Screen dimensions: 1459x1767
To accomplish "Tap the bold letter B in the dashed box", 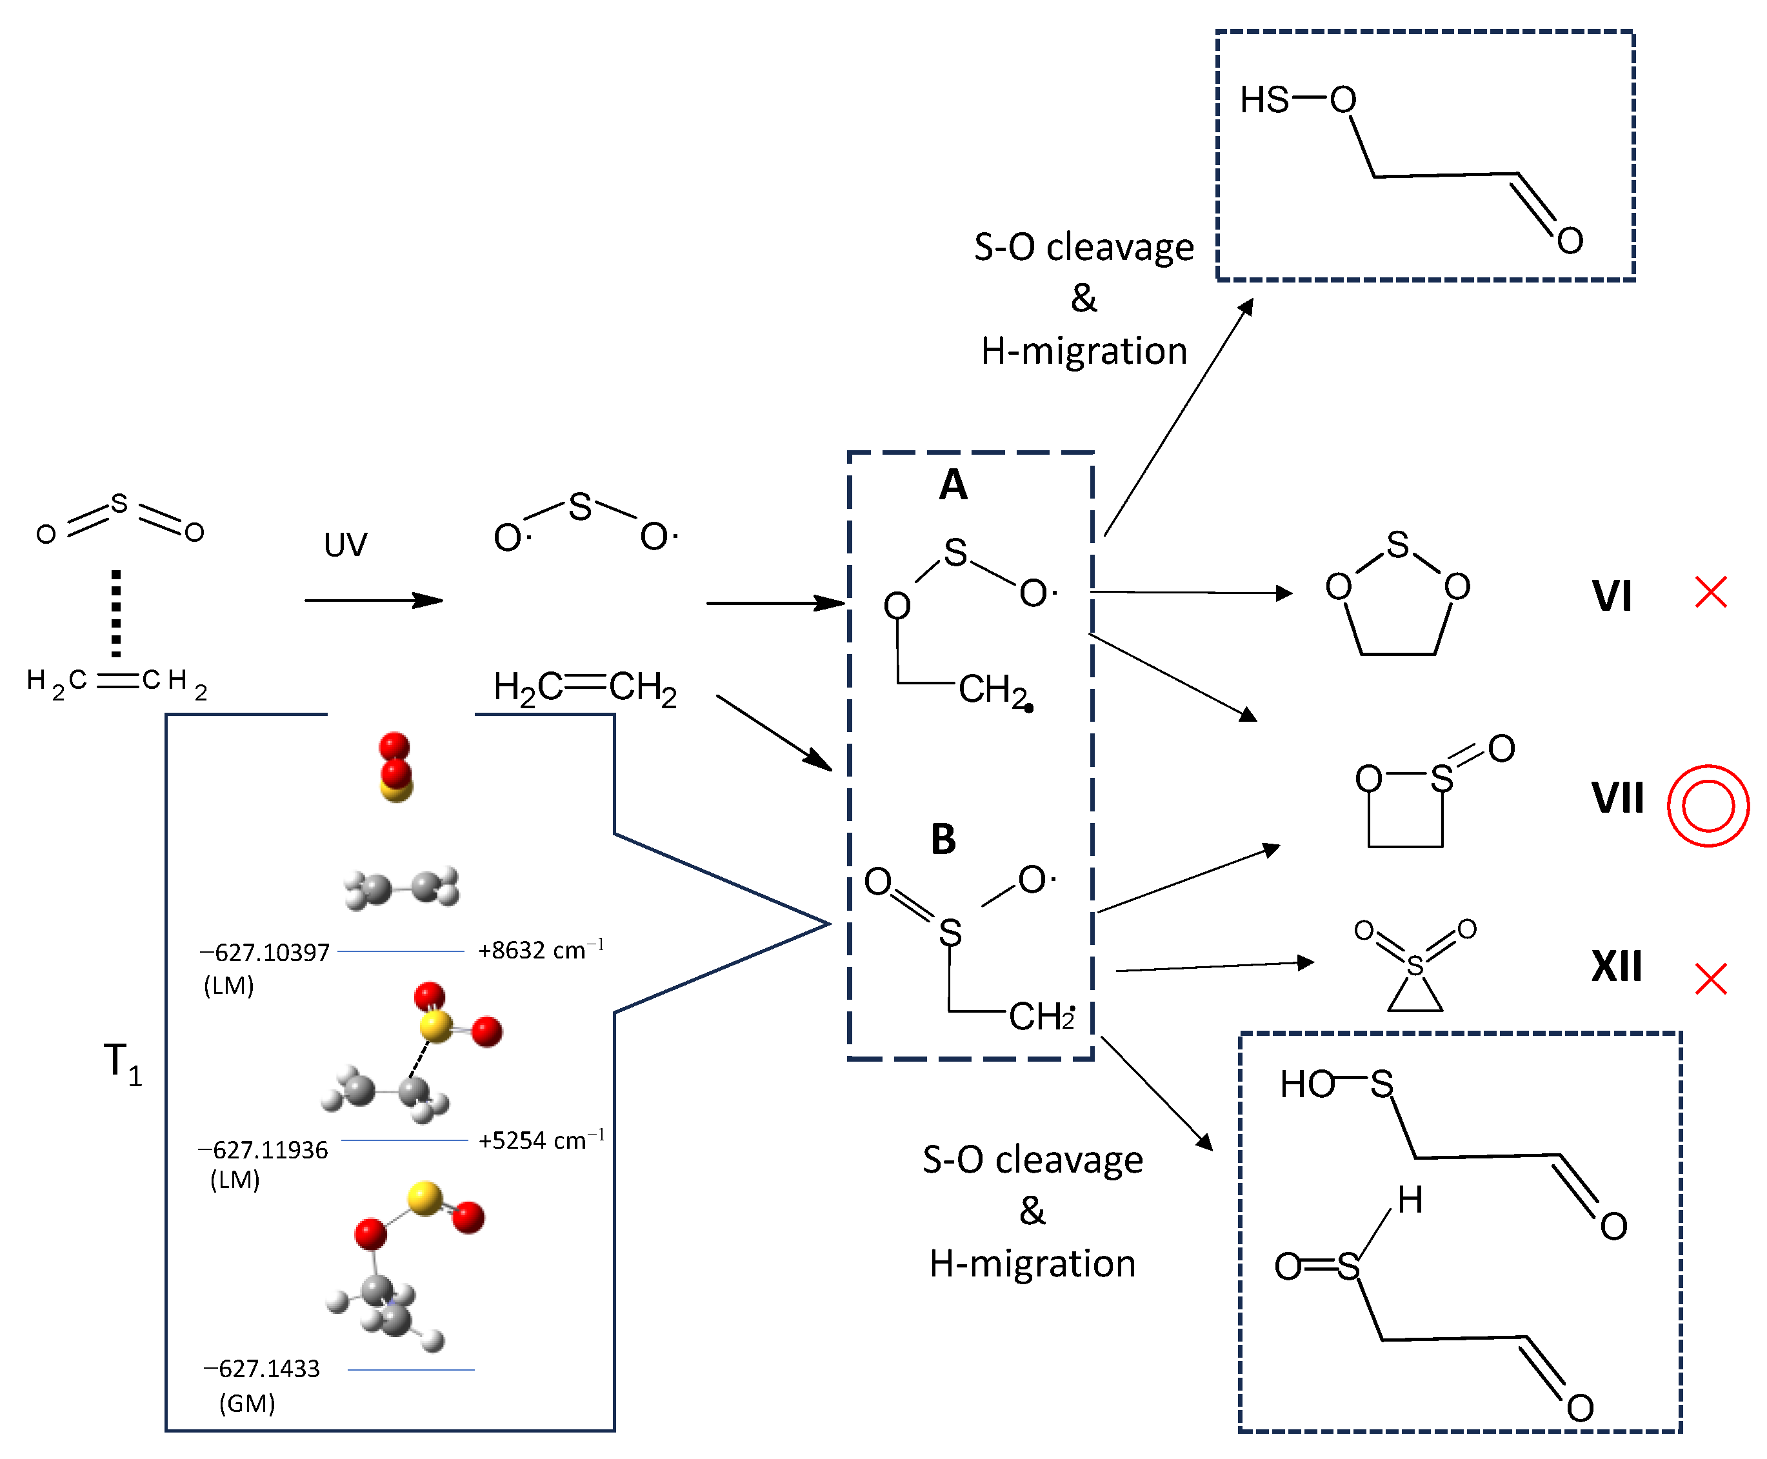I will pos(943,839).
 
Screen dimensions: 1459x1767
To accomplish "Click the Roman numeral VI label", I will pos(1611,596).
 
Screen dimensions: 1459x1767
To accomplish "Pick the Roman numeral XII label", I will pos(1615,966).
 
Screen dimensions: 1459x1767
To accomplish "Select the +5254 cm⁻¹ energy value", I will pos(541,1140).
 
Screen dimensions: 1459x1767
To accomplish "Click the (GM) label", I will pos(246,1404).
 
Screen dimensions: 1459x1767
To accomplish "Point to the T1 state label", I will pos(122,1063).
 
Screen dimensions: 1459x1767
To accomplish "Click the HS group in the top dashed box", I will pos(1263,100).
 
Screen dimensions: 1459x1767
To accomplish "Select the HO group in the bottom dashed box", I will pos(1306,1085).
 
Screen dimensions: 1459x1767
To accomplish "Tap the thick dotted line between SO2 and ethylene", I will pos(116,613).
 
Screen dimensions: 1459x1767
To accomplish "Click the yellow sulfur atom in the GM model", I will pos(424,1198).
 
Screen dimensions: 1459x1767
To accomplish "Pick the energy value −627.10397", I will pos(265,952).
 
